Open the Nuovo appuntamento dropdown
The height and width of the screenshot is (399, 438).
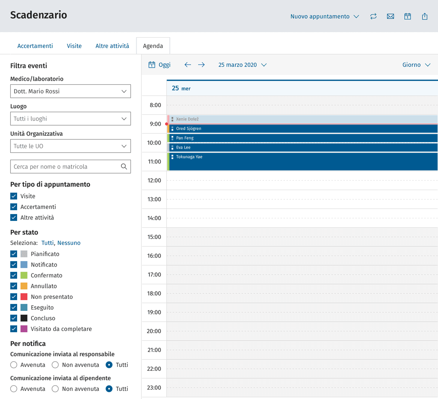point(325,17)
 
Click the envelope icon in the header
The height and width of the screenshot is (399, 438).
point(390,17)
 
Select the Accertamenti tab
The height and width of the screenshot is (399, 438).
point(35,46)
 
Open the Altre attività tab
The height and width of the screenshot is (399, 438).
point(112,46)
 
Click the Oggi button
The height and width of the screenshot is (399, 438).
point(159,65)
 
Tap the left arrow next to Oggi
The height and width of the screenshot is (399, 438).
point(188,65)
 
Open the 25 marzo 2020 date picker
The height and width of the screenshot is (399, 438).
point(243,65)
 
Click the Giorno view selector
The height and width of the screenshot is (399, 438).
point(416,65)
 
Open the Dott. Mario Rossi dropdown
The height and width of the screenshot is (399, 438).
point(71,91)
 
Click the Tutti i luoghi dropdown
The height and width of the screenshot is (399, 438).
point(71,119)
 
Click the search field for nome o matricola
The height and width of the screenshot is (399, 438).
point(71,167)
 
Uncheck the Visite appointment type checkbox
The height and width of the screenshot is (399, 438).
point(14,196)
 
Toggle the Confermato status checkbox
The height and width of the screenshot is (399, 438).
point(14,275)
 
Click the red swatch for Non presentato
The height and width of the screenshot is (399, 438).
point(24,297)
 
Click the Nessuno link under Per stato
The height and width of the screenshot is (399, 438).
point(69,243)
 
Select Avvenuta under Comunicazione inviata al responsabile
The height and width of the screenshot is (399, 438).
point(14,365)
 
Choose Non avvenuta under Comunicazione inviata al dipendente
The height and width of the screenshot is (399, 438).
point(55,389)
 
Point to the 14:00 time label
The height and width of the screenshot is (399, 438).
point(154,218)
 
